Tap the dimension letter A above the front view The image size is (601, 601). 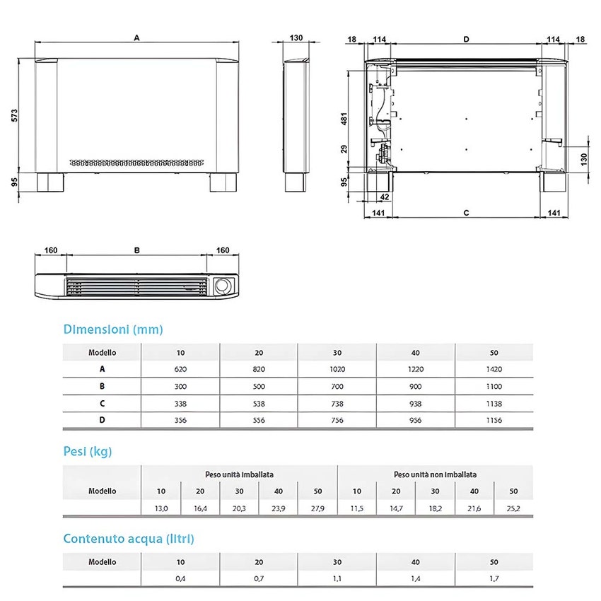[x=136, y=40]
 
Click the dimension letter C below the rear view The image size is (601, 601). [x=466, y=212]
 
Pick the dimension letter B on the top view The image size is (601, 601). [x=136, y=250]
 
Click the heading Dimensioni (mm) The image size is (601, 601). [x=113, y=329]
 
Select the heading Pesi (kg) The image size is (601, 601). [x=88, y=452]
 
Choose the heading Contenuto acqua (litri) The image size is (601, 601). [x=129, y=539]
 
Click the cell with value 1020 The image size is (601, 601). [x=337, y=369]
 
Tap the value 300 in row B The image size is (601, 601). [x=181, y=387]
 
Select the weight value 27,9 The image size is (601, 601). [x=317, y=508]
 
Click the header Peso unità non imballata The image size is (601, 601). [x=435, y=474]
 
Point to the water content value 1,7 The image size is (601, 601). [x=494, y=578]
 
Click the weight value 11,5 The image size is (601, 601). [x=357, y=508]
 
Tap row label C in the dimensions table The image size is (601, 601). [x=103, y=404]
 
